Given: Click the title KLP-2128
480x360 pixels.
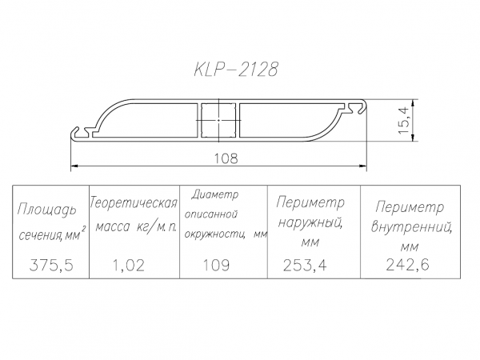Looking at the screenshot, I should (x=237, y=70).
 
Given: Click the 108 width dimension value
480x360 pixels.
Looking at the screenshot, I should (x=225, y=158).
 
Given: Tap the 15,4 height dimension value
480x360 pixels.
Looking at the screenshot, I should (x=404, y=122).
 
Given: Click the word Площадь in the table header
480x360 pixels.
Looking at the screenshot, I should (x=47, y=211).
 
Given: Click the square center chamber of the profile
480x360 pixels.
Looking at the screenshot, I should (x=219, y=121).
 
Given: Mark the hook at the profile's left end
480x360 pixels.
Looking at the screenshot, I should (x=78, y=130).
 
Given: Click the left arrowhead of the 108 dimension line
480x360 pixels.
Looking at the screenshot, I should (x=75, y=166).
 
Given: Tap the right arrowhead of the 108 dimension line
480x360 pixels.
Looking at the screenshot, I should (x=363, y=166).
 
